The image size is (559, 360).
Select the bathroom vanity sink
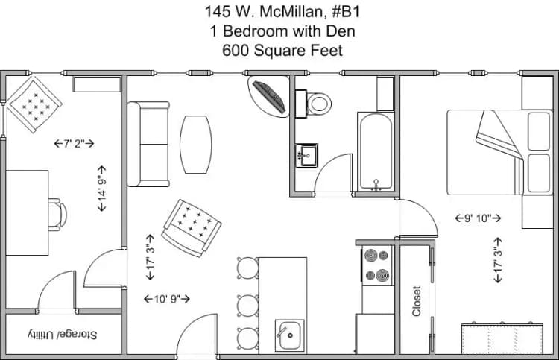point(306,157)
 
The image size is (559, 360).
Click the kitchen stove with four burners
point(377,266)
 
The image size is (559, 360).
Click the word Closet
point(417,300)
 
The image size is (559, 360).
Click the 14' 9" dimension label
point(102,194)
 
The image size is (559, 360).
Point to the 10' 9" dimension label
point(166,299)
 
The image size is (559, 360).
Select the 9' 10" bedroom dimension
point(478,218)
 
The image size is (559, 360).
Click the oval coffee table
point(195,145)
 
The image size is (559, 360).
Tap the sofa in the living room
point(148,145)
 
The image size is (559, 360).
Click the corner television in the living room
point(269,96)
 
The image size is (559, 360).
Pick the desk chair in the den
point(57,213)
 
